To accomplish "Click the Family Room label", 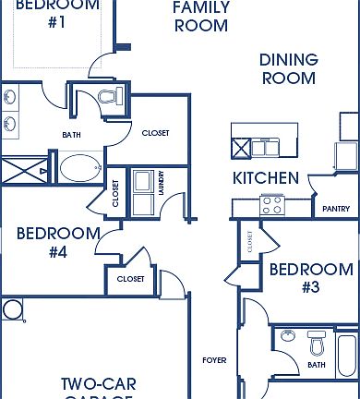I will [x=200, y=17].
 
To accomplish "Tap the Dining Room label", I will [x=288, y=69].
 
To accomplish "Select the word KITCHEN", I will [x=265, y=178].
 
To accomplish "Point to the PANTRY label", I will [x=335, y=209].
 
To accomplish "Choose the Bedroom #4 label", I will [x=57, y=241].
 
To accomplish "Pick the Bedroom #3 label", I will [x=310, y=278].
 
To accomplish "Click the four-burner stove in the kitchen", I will [x=272, y=205].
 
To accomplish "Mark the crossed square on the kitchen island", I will [x=240, y=148].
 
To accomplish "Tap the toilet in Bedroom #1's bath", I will [x=109, y=96].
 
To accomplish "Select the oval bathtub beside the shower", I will [x=82, y=169].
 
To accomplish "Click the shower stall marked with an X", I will [x=26, y=172].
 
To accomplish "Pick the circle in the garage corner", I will [x=12, y=308].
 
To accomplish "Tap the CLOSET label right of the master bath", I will [x=155, y=133].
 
